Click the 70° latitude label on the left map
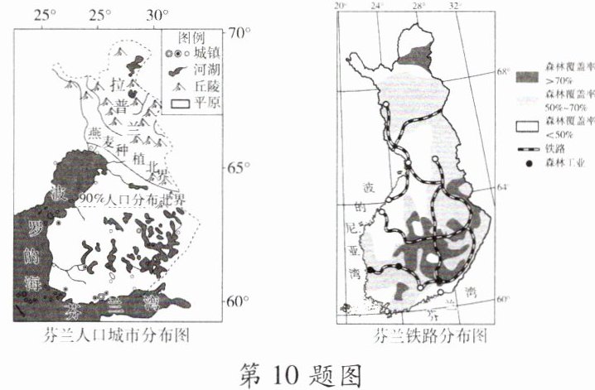[239, 35]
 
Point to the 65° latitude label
[239, 168]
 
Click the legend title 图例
[191, 38]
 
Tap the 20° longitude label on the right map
[339, 7]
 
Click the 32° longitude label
[453, 7]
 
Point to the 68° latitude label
[502, 71]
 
